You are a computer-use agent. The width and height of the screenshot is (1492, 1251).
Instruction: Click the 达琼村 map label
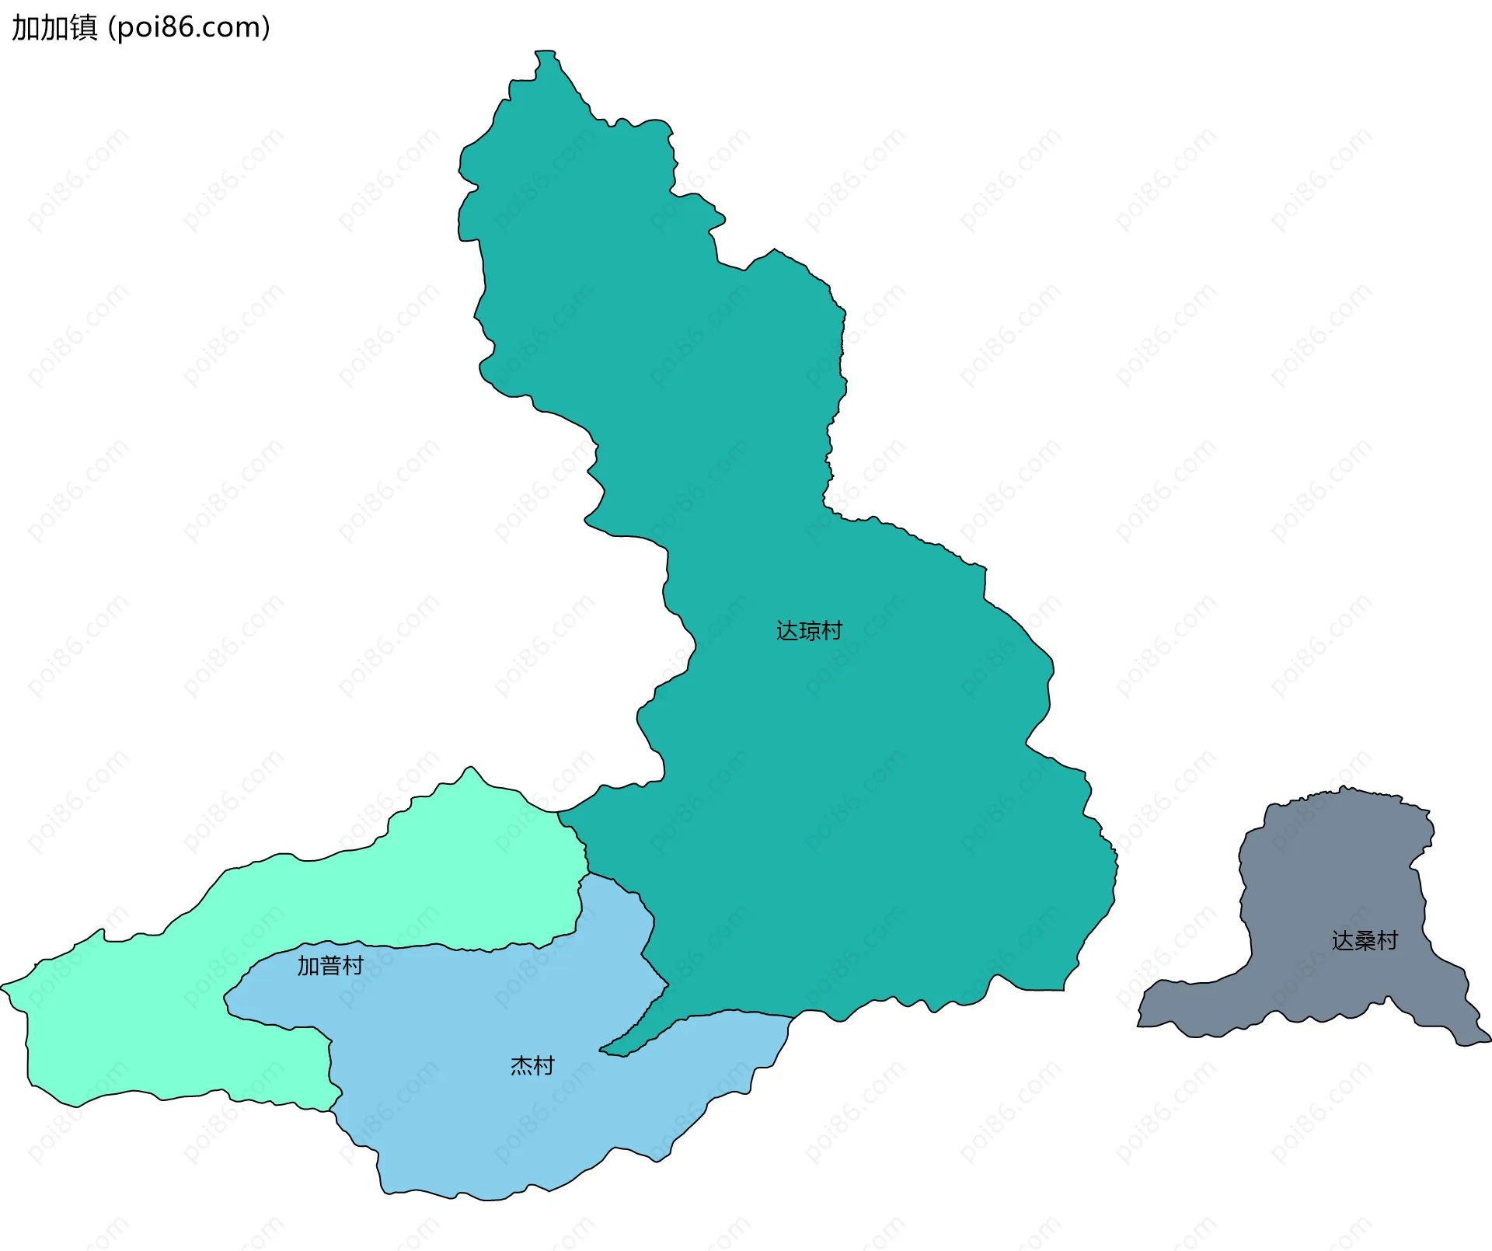pos(809,631)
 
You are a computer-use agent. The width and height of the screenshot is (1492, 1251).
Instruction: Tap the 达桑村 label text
pos(1365,941)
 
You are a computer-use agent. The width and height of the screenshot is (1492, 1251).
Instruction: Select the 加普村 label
pos(330,966)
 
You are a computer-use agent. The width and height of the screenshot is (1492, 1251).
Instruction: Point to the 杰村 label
pos(532,1065)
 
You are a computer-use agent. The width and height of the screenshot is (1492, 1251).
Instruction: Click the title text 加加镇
pos(54,28)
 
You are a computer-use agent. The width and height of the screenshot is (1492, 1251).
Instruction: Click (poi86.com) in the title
pos(189,28)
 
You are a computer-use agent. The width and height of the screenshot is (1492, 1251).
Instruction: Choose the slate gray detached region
pos(1329,894)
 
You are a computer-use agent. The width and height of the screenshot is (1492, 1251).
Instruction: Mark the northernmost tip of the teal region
pos(545,53)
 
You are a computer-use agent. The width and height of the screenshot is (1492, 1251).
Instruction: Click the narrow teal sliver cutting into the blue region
pos(633,1037)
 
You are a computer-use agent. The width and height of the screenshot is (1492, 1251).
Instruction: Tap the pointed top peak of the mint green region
pos(470,768)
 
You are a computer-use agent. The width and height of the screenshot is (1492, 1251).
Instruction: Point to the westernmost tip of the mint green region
pos(3,988)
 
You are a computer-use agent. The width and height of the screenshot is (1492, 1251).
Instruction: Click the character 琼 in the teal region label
pos(809,631)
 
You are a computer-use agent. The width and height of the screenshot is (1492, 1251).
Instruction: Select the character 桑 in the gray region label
pos(1365,941)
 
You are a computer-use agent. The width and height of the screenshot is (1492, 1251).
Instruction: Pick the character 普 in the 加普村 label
pos(330,966)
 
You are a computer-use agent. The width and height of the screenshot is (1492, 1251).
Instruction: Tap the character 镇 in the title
pos(84,28)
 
